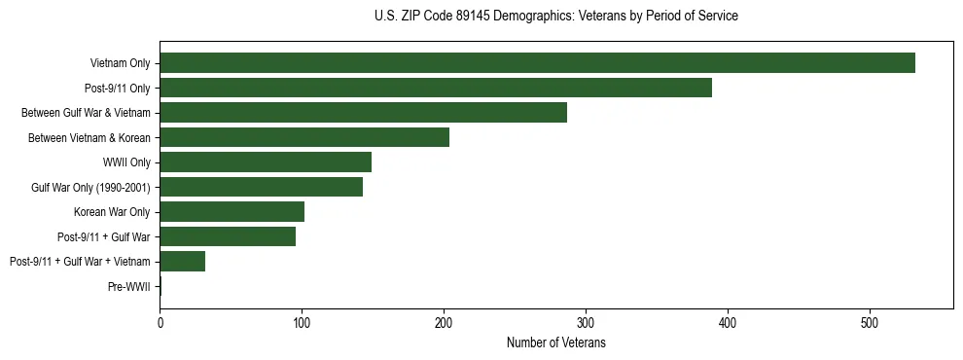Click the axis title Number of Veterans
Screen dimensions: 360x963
(x=556, y=342)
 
